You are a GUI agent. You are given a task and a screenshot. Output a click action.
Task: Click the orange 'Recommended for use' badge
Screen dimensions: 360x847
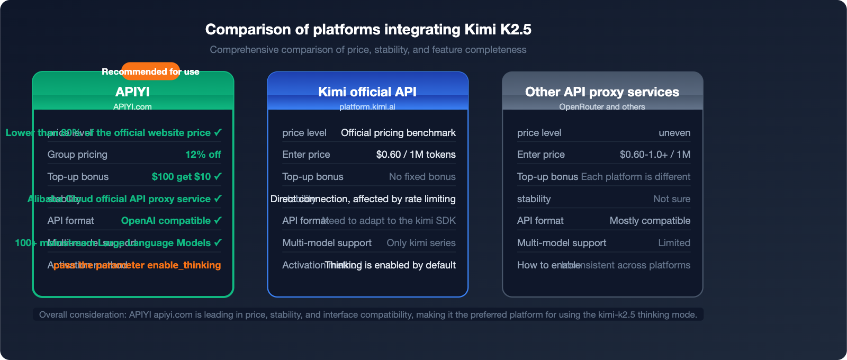click(x=150, y=71)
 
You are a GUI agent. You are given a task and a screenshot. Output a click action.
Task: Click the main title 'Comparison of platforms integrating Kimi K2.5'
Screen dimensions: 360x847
click(x=368, y=29)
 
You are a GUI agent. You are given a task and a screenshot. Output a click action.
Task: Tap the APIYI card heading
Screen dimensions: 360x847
click(x=132, y=92)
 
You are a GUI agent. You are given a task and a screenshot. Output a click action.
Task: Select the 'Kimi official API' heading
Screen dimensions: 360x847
click(x=367, y=92)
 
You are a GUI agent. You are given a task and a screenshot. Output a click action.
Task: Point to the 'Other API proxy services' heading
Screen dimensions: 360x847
click(x=602, y=92)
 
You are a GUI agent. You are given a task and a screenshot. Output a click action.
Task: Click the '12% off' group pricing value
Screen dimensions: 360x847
click(x=203, y=155)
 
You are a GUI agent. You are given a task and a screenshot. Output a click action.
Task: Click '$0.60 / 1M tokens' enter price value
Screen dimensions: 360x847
click(x=416, y=155)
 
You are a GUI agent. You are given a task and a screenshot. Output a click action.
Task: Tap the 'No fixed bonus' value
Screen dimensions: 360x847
click(x=422, y=177)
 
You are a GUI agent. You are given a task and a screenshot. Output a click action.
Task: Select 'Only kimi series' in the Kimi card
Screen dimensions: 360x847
click(x=421, y=243)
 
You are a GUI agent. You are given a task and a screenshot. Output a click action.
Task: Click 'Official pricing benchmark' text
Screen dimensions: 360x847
click(x=398, y=133)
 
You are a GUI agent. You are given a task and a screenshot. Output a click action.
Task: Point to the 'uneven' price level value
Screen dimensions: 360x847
click(x=674, y=133)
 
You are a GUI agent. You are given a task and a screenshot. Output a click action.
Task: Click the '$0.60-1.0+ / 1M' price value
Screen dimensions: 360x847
click(x=655, y=155)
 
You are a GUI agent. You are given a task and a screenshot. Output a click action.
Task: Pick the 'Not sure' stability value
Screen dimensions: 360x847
click(x=671, y=199)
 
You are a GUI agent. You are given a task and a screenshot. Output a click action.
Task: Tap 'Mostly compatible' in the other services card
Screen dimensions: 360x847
click(x=650, y=221)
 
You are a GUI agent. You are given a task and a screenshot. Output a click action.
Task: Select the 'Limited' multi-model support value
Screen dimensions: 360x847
click(x=674, y=243)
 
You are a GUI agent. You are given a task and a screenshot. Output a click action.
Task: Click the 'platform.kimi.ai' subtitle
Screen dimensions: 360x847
click(x=367, y=107)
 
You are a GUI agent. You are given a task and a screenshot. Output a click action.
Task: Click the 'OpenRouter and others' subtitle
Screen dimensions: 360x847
click(x=602, y=107)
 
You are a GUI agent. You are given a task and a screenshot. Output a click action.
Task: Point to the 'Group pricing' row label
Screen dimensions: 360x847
click(x=77, y=155)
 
